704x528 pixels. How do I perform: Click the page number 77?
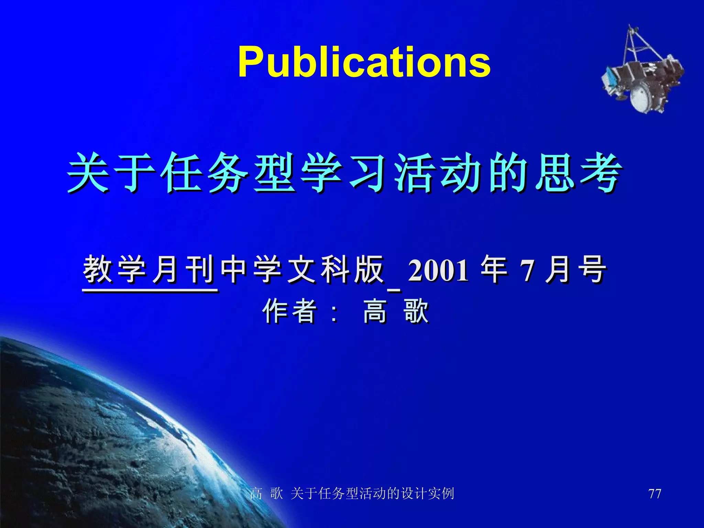(x=654, y=494)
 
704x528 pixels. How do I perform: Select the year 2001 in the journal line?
(x=438, y=271)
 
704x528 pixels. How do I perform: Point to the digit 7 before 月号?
(x=527, y=271)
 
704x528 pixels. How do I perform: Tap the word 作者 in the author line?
(x=289, y=311)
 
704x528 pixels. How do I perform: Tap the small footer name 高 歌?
(x=266, y=494)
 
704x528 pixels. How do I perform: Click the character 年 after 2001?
(x=494, y=270)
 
